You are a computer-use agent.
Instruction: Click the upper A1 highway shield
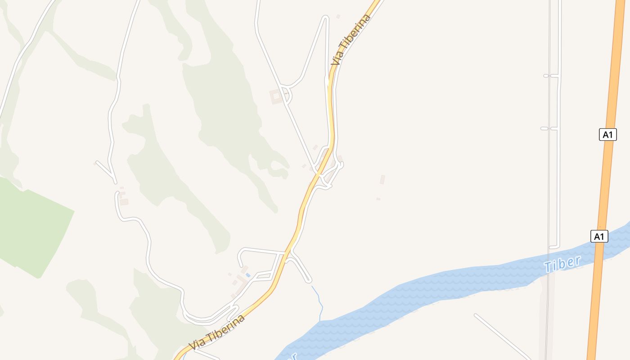point(607,134)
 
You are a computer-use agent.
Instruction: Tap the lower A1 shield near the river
point(599,236)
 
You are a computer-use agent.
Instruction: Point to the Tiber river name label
point(562,264)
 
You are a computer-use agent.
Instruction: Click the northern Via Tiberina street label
point(351,40)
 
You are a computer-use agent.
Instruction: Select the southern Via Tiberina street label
point(217,333)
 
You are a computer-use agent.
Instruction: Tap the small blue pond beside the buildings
point(247,274)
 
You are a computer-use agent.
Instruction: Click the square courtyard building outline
point(276,97)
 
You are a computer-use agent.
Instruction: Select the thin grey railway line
point(549,180)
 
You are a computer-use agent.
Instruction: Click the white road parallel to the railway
point(558,180)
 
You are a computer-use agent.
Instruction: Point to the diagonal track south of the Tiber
point(502,335)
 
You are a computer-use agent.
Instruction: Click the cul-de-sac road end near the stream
point(309,281)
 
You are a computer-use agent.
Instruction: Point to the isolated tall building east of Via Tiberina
point(382,180)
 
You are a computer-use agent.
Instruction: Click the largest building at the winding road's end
point(124,202)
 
